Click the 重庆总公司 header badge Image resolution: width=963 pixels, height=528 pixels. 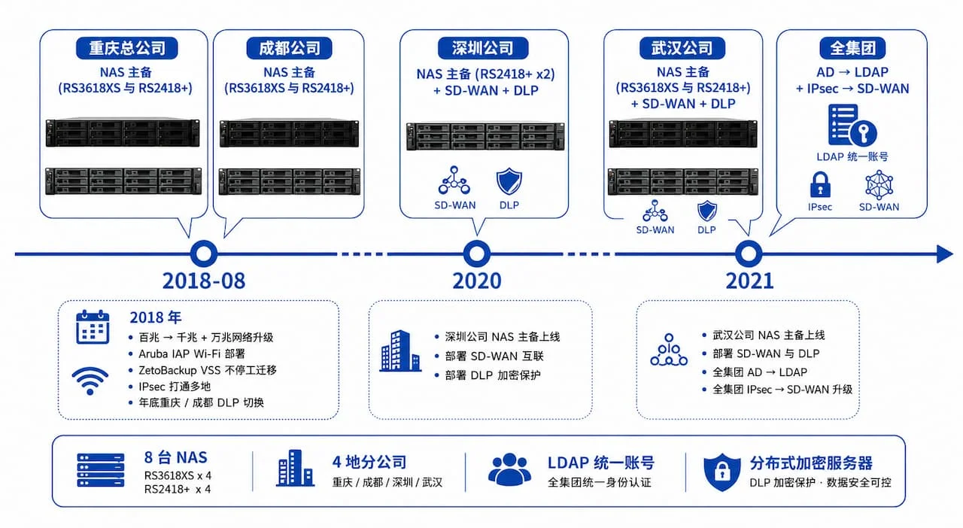coord(127,47)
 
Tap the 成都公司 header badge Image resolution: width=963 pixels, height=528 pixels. coord(289,47)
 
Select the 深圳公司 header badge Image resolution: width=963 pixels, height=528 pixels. coord(483,47)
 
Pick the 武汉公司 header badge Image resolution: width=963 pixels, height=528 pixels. coord(682,47)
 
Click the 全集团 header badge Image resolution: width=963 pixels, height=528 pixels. coord(852,47)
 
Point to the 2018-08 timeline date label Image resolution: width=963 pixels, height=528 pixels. coord(204,281)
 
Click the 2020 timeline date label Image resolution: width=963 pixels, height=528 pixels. coord(477,281)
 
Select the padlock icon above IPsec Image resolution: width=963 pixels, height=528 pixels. coord(820,184)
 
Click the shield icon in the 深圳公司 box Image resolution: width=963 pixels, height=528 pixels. coord(509,181)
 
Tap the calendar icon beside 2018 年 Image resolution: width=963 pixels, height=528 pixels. coord(93,326)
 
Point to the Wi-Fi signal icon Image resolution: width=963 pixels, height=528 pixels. coord(90,381)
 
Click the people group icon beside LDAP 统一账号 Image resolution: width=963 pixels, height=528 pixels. coord(509,469)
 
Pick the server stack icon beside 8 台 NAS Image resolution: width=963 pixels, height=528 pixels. coord(101,470)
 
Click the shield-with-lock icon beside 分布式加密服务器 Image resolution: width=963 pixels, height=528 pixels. coord(721,472)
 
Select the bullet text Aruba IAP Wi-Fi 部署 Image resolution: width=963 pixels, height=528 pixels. coord(192,354)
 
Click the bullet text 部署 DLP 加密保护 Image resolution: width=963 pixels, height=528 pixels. coord(493,375)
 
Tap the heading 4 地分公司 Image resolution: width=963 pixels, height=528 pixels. coord(369,463)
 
